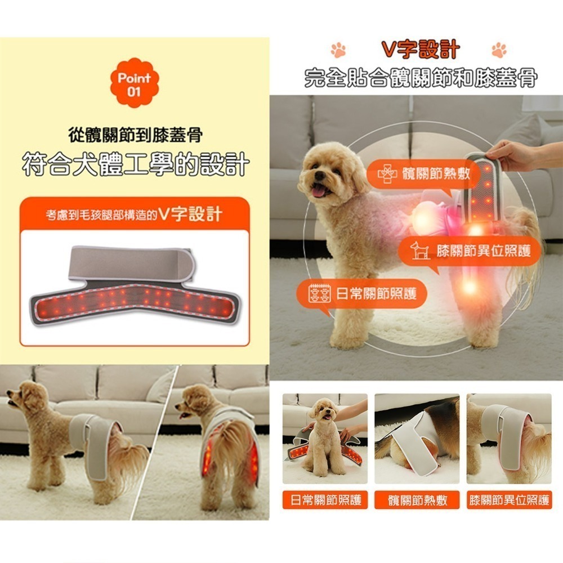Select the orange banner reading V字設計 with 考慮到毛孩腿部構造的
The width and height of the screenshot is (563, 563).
[x=135, y=215]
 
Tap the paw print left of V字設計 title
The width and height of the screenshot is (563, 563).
[x=338, y=50]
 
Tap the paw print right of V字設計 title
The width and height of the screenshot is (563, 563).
[x=499, y=50]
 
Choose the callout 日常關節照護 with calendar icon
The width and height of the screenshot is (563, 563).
[x=360, y=293]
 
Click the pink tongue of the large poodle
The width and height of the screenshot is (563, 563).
[x=321, y=191]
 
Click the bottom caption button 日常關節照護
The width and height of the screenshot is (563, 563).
[x=325, y=499]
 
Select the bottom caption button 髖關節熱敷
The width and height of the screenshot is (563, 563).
[x=417, y=499]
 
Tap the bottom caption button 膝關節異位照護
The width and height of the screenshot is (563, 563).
[x=510, y=499]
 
